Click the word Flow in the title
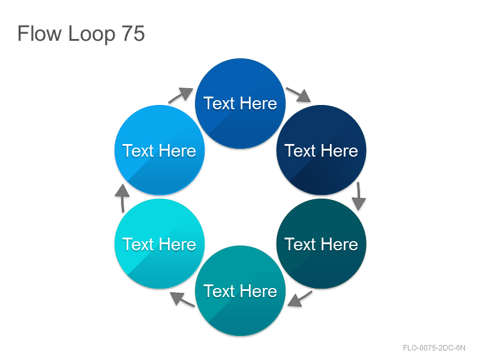[x=40, y=34]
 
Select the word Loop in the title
[x=92, y=34]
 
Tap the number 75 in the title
[x=133, y=34]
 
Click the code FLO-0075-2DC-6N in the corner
[x=434, y=348]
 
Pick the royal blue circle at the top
[x=241, y=103]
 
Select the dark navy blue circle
[x=321, y=151]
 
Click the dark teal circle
[x=321, y=244]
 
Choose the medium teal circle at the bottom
[x=241, y=290]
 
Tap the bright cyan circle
[x=160, y=244]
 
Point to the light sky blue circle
[x=160, y=151]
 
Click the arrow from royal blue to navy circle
[x=298, y=95]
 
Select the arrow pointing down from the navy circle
[x=358, y=196]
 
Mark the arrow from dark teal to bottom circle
[x=300, y=299]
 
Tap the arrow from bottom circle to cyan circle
[x=182, y=299]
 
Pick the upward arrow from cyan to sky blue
[x=122, y=198]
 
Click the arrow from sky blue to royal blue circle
[x=181, y=95]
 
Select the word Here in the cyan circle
[x=178, y=244]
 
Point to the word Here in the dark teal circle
[x=340, y=244]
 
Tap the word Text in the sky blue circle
[x=138, y=151]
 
